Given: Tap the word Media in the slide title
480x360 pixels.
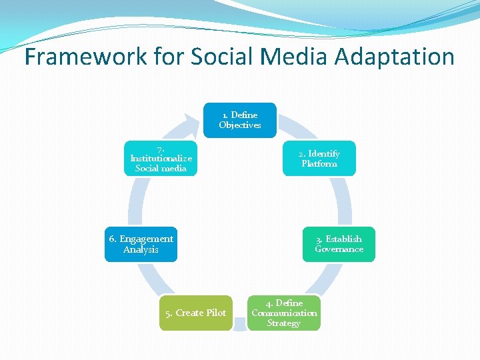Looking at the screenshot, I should click(291, 57).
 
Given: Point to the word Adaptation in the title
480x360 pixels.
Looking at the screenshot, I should click(394, 57).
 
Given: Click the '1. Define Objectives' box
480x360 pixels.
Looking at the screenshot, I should click(239, 120).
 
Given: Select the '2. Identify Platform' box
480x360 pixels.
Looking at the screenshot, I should click(319, 159).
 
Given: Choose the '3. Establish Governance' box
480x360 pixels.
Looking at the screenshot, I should click(339, 244).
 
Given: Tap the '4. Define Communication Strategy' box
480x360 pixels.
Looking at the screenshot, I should click(284, 313).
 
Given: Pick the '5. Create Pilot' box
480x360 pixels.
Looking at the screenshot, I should click(195, 313).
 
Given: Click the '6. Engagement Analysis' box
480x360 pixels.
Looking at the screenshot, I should click(141, 244).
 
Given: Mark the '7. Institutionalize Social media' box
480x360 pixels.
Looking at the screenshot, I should click(161, 159).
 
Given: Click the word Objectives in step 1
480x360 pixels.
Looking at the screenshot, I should click(239, 125).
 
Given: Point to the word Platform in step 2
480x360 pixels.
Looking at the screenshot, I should click(319, 164).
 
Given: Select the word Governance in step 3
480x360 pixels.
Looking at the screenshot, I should click(339, 249).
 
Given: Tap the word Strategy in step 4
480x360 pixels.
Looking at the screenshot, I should click(284, 323).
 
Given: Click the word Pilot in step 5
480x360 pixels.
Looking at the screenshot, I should click(215, 313).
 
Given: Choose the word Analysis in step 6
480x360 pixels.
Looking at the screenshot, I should click(141, 250).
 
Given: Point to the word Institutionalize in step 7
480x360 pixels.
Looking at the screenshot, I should click(161, 159).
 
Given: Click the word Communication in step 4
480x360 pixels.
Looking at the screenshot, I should click(284, 313).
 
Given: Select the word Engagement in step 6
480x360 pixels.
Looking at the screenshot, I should click(146, 239).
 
